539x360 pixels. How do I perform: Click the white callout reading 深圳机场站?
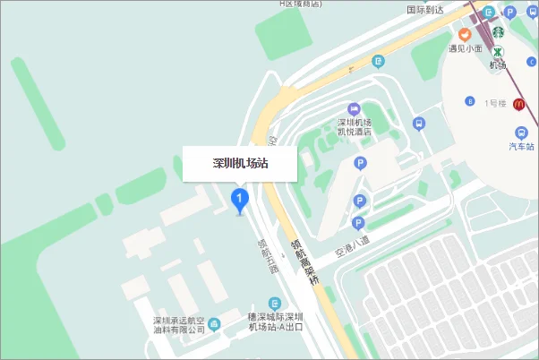coord(240,164)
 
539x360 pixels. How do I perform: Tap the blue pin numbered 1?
coord(239,200)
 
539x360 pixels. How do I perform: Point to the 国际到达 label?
coord(426,10)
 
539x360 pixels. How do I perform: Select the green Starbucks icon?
coord(497,30)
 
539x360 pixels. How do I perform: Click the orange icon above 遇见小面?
coord(466,33)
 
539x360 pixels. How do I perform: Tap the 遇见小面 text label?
coord(466,48)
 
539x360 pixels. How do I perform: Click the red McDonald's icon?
coord(518,104)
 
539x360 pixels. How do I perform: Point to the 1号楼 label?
coord(495,104)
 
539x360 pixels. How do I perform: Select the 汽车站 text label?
coord(522,145)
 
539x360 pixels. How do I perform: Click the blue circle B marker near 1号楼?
coord(468,100)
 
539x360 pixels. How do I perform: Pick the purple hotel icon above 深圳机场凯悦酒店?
coord(353,107)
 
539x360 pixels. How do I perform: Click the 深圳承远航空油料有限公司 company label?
coord(179,324)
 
